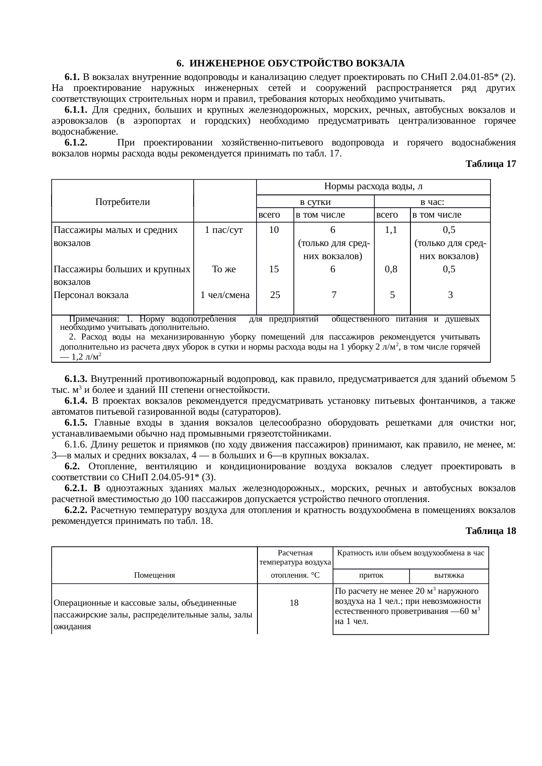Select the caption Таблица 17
490,164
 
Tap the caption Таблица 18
490,531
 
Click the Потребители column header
122,202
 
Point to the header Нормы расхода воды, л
373,187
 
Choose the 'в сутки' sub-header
315,202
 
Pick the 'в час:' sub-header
432,202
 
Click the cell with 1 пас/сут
224,229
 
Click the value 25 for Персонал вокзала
275,295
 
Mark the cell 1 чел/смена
225,295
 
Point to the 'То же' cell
224,269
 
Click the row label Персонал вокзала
91,295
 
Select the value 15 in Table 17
274,269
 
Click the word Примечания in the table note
94,319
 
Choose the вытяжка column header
449,575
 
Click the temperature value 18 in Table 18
294,603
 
